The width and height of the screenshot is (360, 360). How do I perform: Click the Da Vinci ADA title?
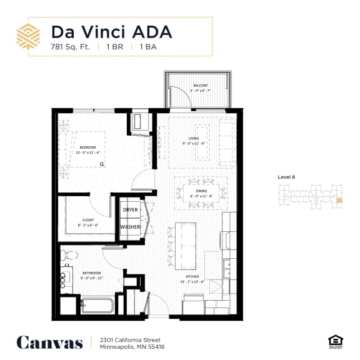[111, 31]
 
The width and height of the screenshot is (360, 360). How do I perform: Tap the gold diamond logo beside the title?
[28, 37]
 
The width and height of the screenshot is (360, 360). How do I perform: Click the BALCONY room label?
[200, 85]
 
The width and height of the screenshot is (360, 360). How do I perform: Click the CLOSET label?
[87, 219]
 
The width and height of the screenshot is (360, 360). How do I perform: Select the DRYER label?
[130, 210]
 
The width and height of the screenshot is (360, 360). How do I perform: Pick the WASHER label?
[130, 227]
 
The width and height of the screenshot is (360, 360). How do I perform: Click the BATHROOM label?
[92, 273]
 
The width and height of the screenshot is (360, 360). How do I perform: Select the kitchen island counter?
[185, 238]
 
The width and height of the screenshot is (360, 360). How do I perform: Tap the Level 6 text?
[286, 177]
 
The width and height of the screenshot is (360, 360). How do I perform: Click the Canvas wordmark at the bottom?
[49, 342]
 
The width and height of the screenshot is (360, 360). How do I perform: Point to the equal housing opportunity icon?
[333, 340]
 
